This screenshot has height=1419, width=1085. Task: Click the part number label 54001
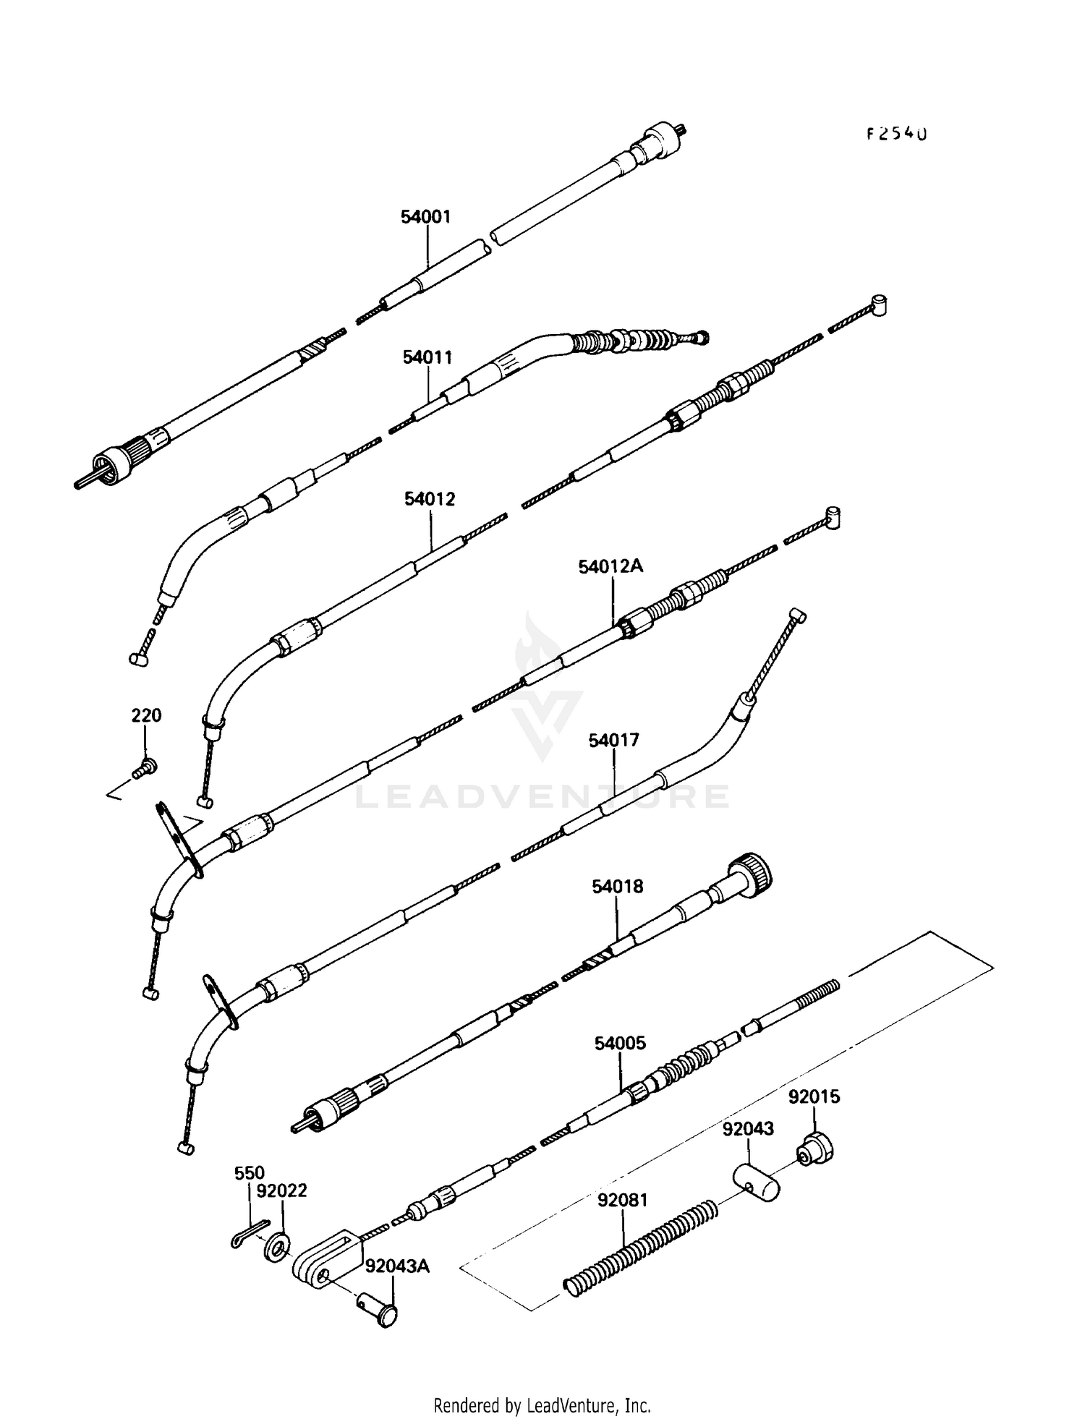pyautogui.click(x=426, y=216)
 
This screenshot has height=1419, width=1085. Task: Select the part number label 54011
pyautogui.click(x=427, y=357)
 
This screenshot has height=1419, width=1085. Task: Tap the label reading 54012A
pyautogui.click(x=610, y=566)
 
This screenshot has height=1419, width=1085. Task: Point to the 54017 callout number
pyautogui.click(x=613, y=741)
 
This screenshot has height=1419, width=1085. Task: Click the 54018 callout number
pyautogui.click(x=617, y=886)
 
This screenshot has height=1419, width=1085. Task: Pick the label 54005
pyautogui.click(x=620, y=1044)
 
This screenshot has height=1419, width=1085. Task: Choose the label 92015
pyautogui.click(x=814, y=1097)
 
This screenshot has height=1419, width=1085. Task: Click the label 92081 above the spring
pyautogui.click(x=623, y=1201)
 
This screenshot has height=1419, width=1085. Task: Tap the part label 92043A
pyautogui.click(x=397, y=1266)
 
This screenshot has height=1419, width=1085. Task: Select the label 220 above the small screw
pyautogui.click(x=146, y=715)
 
